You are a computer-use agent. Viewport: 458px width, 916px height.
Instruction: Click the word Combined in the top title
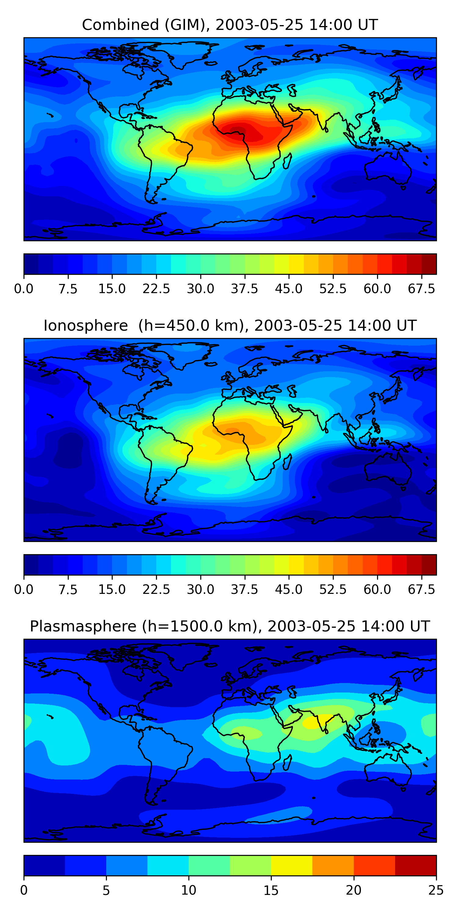click(120, 25)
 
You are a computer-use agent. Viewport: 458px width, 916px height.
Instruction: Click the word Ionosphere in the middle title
click(85, 326)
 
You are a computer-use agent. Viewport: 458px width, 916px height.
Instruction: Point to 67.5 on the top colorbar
click(421, 289)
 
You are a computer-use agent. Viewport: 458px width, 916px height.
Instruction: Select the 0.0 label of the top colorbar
click(24, 289)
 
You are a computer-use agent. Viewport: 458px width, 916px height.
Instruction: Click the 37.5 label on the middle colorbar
click(245, 590)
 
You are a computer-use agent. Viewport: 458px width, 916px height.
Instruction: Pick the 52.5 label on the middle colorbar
click(333, 590)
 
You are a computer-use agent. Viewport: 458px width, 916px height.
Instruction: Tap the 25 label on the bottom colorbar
click(436, 890)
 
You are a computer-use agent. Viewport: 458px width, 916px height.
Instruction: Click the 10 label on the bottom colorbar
click(188, 890)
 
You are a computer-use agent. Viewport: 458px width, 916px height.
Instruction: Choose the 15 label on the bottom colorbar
click(271, 890)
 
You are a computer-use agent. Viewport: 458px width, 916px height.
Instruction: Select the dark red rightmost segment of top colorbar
click(429, 264)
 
